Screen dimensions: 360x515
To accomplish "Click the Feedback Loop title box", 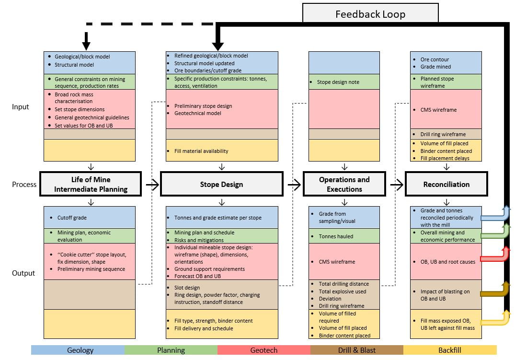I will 370,14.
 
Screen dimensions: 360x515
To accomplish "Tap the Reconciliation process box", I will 446,185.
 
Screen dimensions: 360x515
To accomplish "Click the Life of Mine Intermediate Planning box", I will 91,185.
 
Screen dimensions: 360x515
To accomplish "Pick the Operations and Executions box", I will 344,185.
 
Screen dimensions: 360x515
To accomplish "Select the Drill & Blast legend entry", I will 356,350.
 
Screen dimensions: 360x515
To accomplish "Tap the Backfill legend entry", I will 449,350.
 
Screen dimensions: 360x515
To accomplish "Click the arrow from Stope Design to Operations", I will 295,184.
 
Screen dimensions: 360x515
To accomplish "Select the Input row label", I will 21,107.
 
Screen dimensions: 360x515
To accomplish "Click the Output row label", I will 23,273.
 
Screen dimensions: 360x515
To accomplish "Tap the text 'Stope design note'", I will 338,82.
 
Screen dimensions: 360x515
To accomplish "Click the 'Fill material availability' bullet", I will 201,151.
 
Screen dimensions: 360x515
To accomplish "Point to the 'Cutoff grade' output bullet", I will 72,218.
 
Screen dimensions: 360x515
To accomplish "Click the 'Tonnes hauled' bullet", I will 336,236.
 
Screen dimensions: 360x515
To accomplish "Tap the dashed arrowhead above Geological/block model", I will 86,45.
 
